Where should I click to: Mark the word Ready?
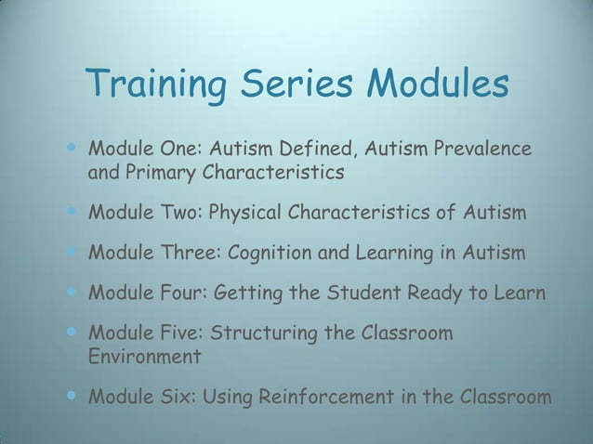(442, 294)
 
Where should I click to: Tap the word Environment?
(144, 357)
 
